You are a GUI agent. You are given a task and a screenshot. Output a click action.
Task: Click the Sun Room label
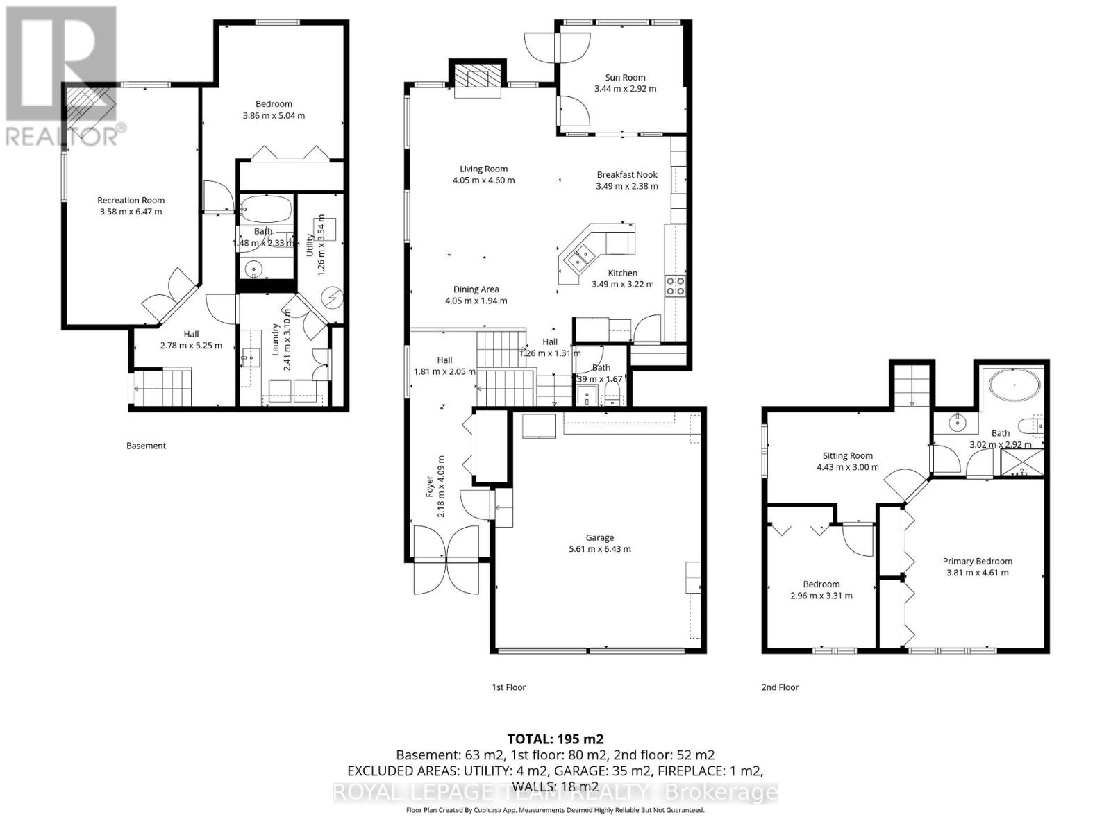tap(625, 78)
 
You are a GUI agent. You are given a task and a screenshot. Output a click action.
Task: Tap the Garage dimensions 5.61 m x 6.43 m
tap(599, 549)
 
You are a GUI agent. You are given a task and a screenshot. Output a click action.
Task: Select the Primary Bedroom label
tap(977, 561)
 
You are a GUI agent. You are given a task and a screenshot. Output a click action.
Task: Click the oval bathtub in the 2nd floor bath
tap(1014, 384)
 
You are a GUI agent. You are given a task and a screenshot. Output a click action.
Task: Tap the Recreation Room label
tap(131, 200)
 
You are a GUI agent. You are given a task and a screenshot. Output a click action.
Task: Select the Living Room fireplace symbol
tap(476, 78)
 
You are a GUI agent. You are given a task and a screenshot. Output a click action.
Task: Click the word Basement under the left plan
tap(146, 446)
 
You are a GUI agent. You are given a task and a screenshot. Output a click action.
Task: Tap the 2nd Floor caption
tap(780, 687)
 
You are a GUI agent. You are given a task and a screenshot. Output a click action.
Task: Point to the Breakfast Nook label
tap(627, 175)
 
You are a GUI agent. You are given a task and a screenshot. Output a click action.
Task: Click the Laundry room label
tap(275, 340)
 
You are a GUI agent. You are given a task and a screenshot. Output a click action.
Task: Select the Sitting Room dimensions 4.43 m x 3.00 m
tap(847, 467)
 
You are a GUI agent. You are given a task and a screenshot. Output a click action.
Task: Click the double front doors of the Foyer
tap(446, 559)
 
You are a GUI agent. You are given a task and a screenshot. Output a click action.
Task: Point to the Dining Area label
tap(476, 289)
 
